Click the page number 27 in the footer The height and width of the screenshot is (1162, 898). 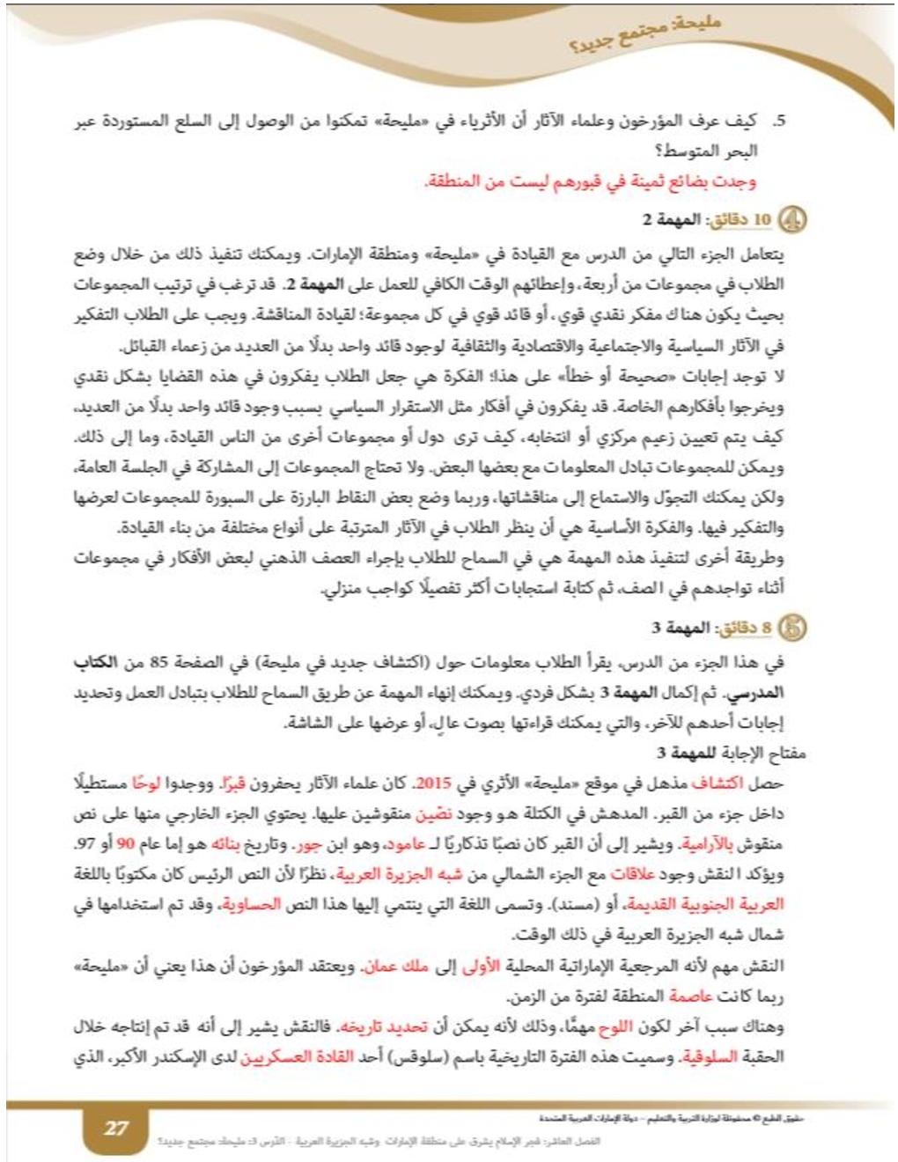click(115, 1128)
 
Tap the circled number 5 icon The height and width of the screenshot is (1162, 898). click(794, 629)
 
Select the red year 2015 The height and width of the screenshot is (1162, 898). click(433, 783)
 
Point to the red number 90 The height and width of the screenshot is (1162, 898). click(126, 843)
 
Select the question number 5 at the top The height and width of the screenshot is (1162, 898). click(779, 121)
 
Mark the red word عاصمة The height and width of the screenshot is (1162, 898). click(690, 996)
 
